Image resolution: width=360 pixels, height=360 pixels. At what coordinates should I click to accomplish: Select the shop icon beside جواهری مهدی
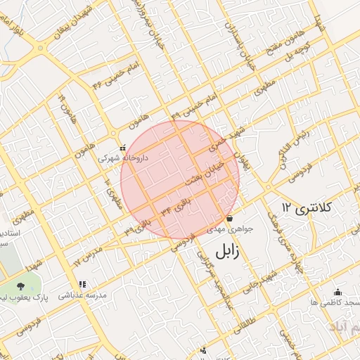[229, 218]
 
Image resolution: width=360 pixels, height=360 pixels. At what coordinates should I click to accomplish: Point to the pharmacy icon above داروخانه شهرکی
[123, 148]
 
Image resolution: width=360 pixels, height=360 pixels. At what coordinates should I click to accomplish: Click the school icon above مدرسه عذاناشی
[82, 285]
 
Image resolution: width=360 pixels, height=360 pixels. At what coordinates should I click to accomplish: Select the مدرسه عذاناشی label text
[83, 296]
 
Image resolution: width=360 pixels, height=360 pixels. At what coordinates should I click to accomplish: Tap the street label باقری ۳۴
[175, 208]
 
